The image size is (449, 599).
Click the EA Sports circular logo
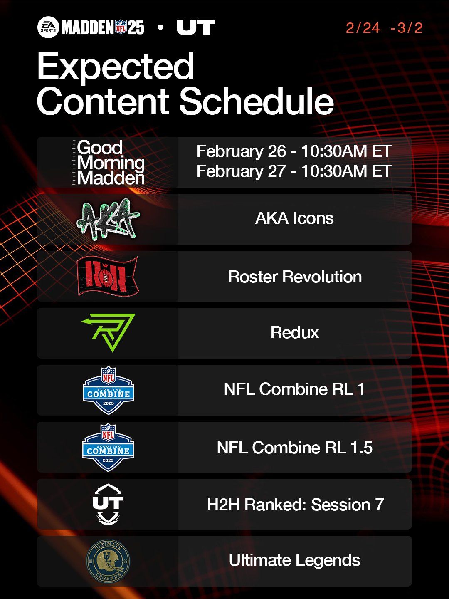click(x=48, y=28)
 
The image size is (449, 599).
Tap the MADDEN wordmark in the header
click(x=88, y=28)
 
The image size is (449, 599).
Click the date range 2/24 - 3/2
click(x=384, y=28)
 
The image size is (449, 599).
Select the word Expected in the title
click(x=116, y=67)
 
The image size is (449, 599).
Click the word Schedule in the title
click(x=257, y=101)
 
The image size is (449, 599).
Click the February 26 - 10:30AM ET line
click(x=294, y=151)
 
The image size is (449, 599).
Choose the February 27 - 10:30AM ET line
click(x=294, y=171)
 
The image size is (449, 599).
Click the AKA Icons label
click(x=294, y=218)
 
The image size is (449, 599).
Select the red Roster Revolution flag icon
click(x=108, y=276)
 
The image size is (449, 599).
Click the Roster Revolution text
click(x=295, y=277)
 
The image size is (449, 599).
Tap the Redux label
click(x=295, y=333)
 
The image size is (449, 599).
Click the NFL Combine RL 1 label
click(x=294, y=389)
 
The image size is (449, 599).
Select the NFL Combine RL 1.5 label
click(x=294, y=448)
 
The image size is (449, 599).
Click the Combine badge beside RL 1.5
click(x=108, y=447)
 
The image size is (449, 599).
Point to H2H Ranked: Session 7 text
click(x=295, y=505)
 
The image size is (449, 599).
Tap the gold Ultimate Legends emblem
click(x=108, y=561)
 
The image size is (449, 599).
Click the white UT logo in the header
click(x=195, y=28)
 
